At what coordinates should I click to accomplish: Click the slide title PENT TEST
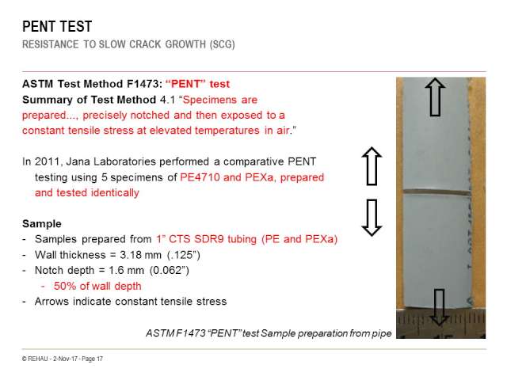(x=57, y=26)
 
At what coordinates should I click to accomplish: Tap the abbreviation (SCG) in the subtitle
(x=223, y=44)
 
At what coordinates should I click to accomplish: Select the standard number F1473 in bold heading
(x=143, y=84)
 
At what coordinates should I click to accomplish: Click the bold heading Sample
(x=42, y=223)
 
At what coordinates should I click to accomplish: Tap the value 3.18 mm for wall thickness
(x=140, y=255)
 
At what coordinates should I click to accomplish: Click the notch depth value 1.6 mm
(x=126, y=270)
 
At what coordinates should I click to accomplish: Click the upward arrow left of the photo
(x=372, y=166)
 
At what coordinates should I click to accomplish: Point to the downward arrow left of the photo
(x=372, y=218)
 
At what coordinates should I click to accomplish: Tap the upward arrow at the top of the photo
(x=435, y=97)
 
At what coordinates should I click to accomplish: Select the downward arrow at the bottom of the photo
(x=439, y=307)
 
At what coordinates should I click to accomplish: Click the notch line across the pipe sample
(x=436, y=193)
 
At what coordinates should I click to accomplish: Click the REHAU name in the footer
(x=38, y=359)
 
